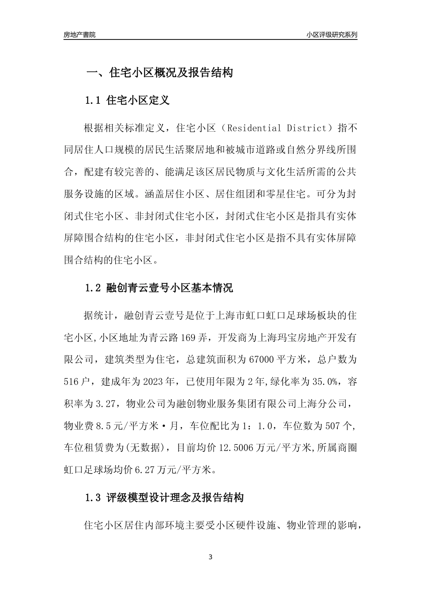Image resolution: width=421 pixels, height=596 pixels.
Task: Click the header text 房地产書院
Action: (x=79, y=34)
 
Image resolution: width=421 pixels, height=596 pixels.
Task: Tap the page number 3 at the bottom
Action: (x=210, y=557)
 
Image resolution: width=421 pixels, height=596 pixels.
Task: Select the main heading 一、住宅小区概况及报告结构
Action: (x=159, y=73)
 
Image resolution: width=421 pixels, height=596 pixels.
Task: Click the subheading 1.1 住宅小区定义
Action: (x=127, y=100)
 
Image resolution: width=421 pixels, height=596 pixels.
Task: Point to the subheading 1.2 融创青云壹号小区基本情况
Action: (x=159, y=288)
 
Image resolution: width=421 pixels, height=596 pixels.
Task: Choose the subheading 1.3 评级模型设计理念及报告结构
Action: (x=164, y=498)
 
